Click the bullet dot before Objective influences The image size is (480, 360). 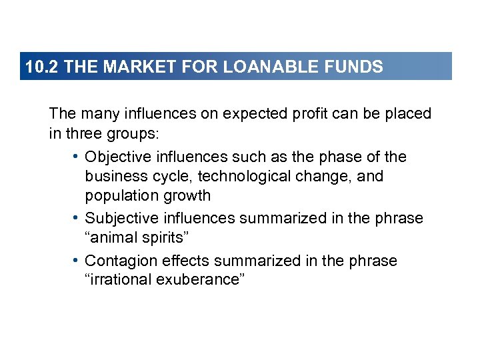[x=77, y=157]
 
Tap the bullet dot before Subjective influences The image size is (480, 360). [x=77, y=219]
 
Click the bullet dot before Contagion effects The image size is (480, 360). [x=77, y=261]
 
